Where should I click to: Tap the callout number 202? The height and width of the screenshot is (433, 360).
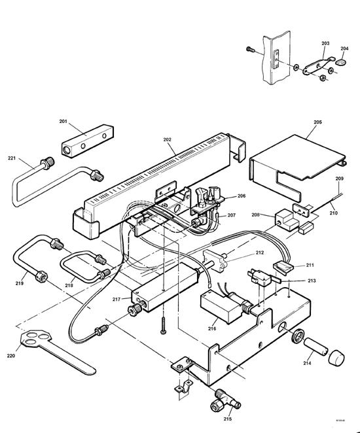tap(167, 140)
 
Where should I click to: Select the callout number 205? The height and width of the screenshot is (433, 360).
tap(317, 122)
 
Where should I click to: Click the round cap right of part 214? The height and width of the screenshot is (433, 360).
tap(335, 357)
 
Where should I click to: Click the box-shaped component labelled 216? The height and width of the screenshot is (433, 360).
tap(217, 307)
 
